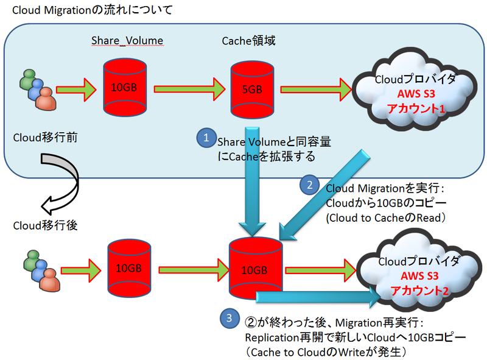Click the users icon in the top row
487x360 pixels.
(x=35, y=88)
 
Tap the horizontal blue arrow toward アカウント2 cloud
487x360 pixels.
(x=317, y=297)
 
